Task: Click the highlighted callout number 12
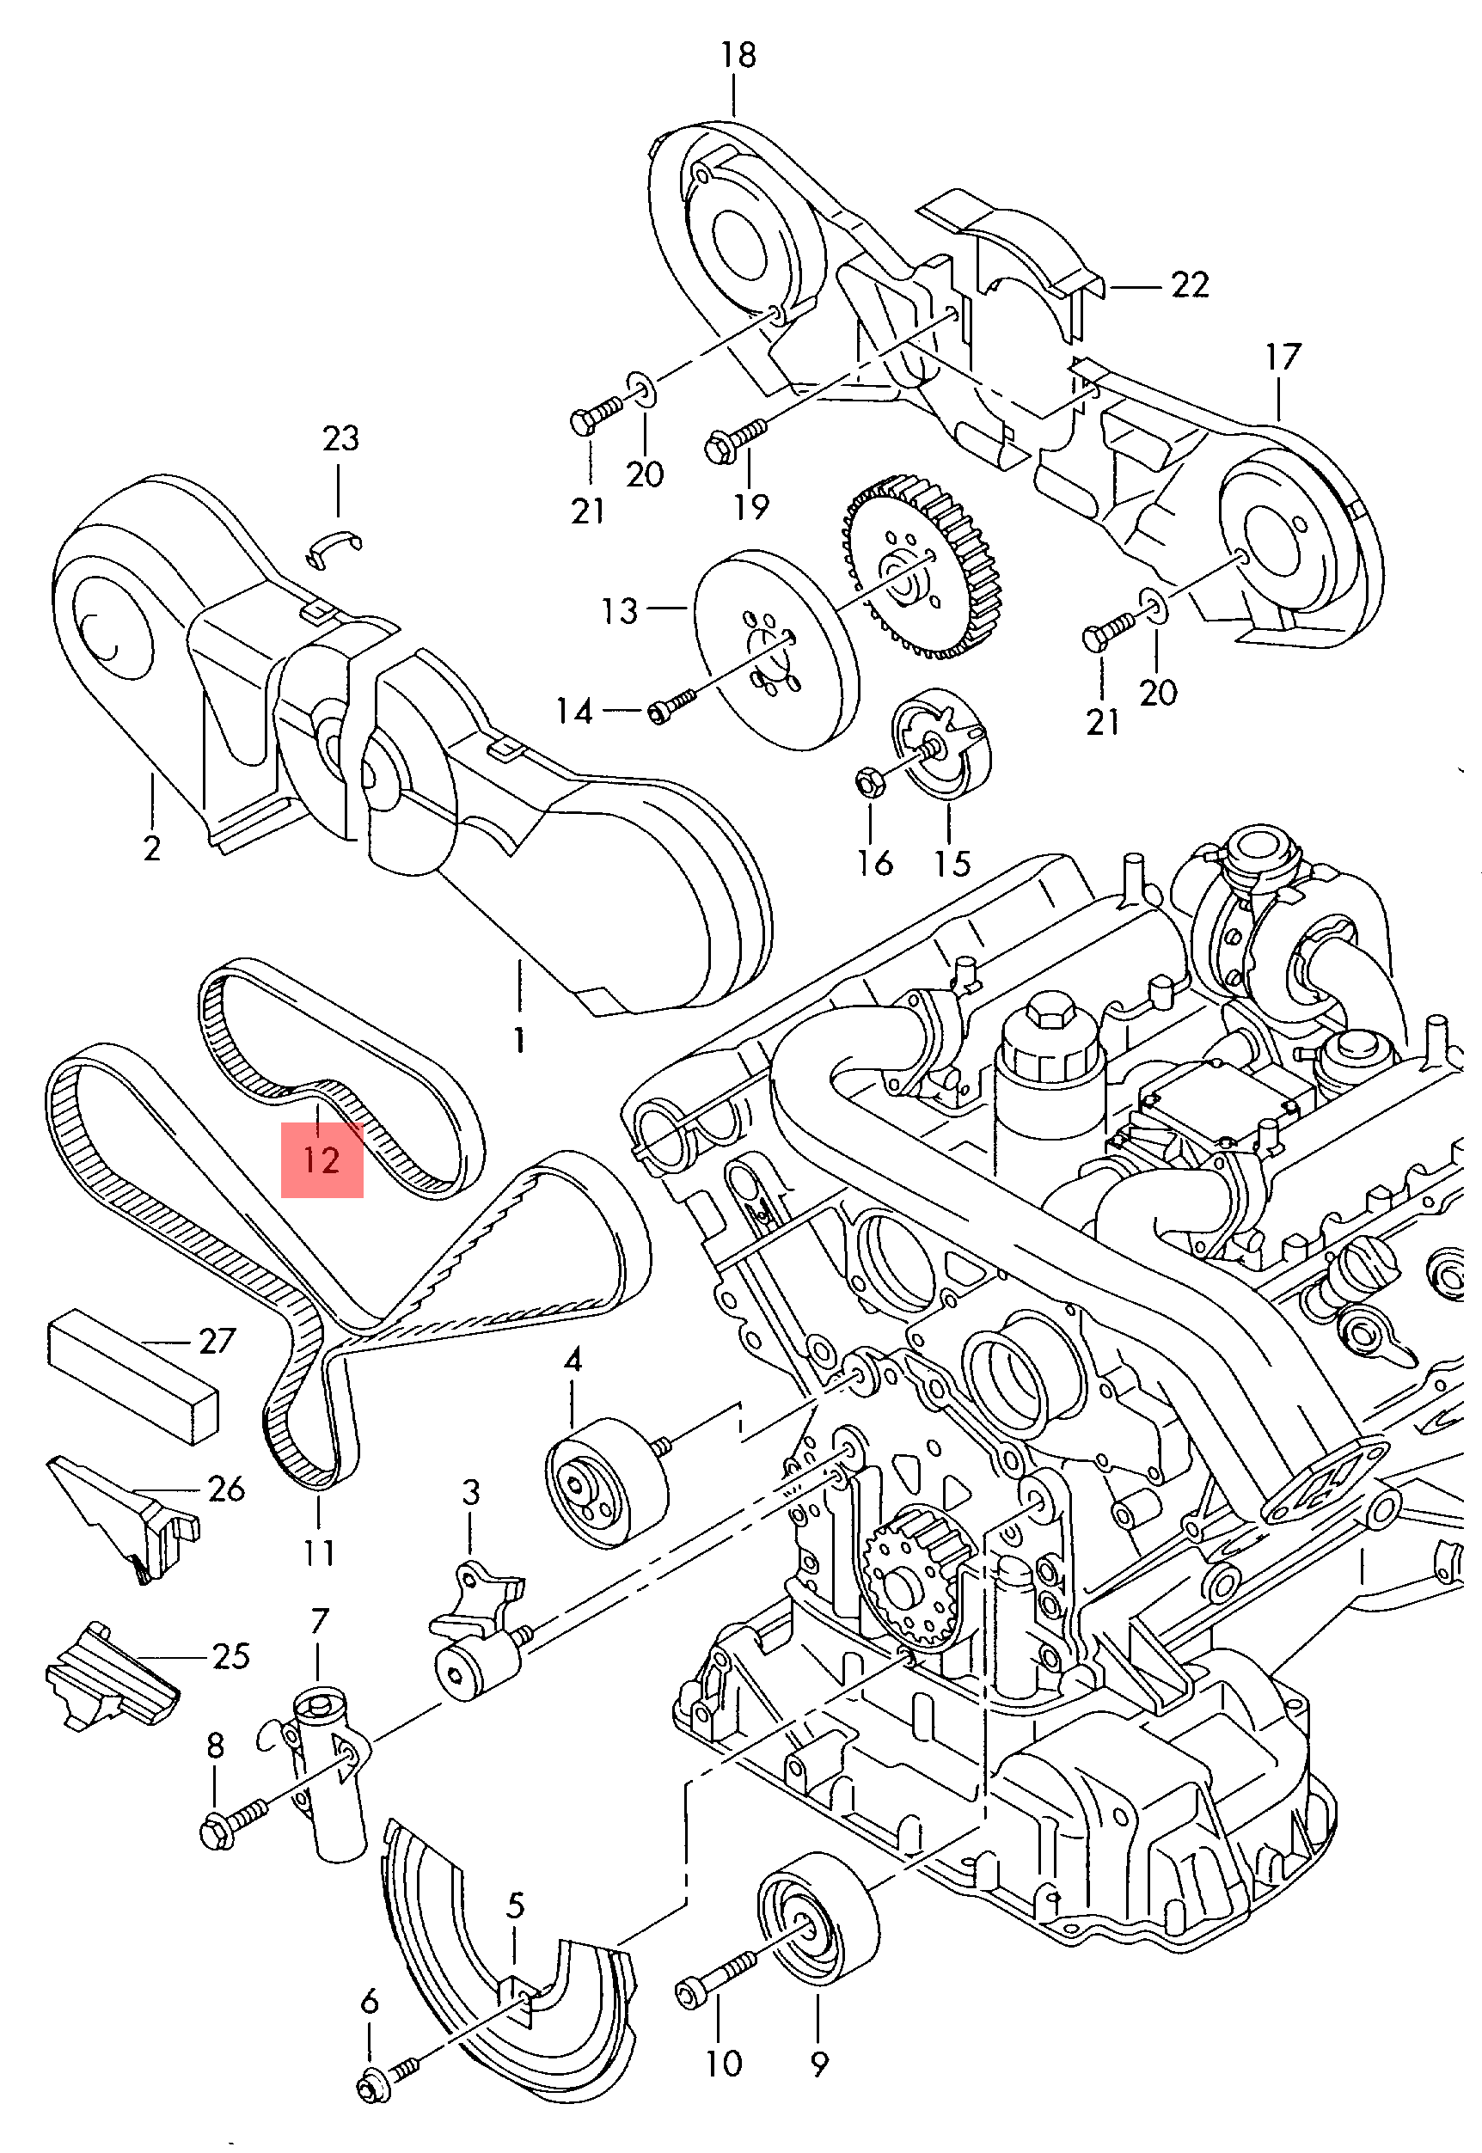(322, 1160)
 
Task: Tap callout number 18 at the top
(738, 56)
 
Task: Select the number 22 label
(1190, 285)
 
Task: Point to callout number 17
(1283, 357)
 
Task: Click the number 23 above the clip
(340, 438)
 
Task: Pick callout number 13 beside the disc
(619, 611)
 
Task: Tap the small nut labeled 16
(870, 785)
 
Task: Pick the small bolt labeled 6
(385, 2064)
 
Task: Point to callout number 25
(231, 1656)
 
